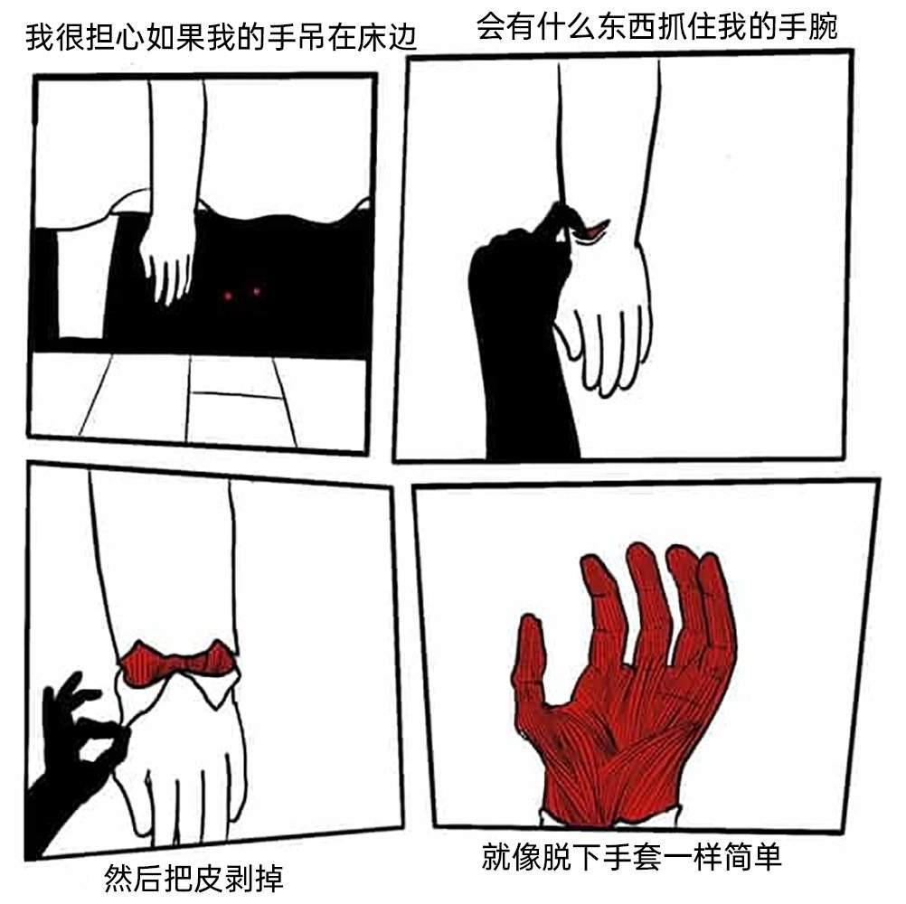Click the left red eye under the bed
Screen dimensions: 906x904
228,297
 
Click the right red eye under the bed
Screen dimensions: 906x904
256,291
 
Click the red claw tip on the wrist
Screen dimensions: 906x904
594,229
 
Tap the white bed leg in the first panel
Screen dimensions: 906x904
80,283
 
